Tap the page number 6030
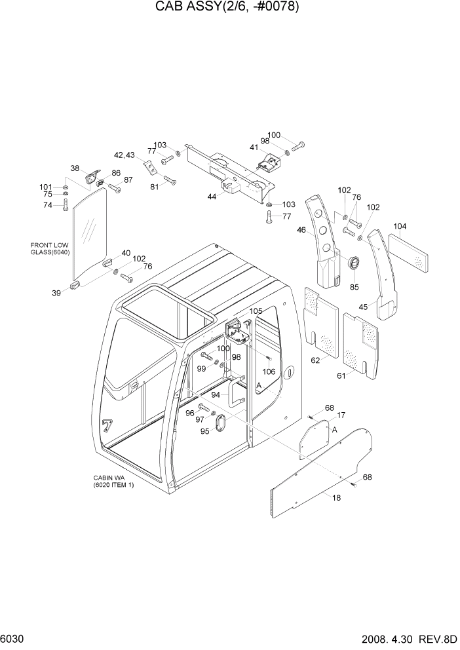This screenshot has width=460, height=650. point(14,638)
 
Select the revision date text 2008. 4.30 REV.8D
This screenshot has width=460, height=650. point(406,638)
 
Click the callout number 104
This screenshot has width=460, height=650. point(400,227)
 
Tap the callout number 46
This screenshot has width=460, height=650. point(301,230)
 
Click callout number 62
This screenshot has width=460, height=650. point(316,360)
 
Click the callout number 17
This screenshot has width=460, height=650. point(341,415)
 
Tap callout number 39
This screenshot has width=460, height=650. point(57,293)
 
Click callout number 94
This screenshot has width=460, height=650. point(216,394)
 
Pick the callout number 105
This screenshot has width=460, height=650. point(256,311)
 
